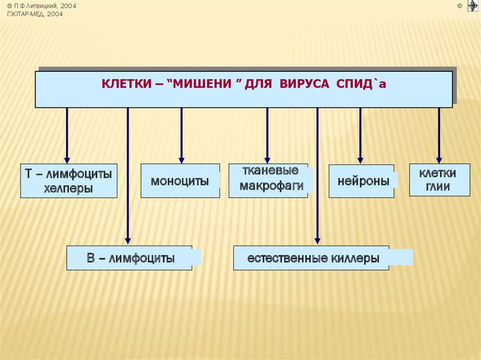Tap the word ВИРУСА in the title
click(x=306, y=85)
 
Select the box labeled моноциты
click(x=180, y=181)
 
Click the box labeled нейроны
click(x=361, y=181)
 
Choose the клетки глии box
click(x=439, y=180)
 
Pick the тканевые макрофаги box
click(x=268, y=180)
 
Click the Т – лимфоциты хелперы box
click(x=69, y=181)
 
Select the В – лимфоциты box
click(x=129, y=258)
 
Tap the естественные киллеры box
click(x=311, y=258)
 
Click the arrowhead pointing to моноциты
click(x=181, y=160)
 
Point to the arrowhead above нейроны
click(x=360, y=160)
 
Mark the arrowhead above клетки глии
click(x=439, y=160)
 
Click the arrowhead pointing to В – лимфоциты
click(x=128, y=241)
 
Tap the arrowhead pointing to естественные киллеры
click(x=318, y=241)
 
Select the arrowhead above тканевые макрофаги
click(x=267, y=160)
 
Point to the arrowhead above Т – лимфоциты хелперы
click(x=67, y=160)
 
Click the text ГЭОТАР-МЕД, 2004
click(x=35, y=14)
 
